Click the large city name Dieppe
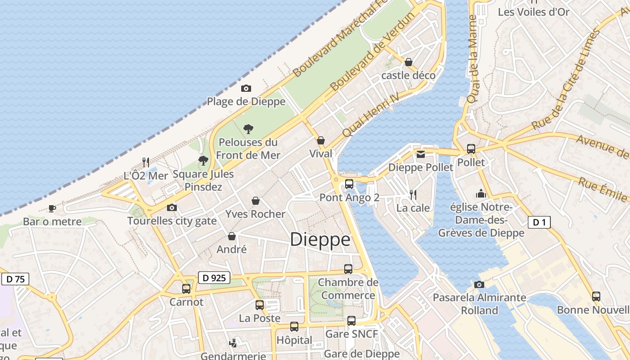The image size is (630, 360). pos(320,239)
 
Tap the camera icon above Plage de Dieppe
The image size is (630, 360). pos(246,88)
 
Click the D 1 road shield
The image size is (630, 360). pos(539,222)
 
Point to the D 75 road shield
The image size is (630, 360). pos(15,279)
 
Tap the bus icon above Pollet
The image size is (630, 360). pos(471,148)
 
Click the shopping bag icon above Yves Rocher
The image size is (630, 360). pos(256,201)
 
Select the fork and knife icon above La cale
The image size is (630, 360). pos(413,194)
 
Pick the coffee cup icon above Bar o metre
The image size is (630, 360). pos(52,208)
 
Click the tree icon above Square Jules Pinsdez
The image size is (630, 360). pos(203,160)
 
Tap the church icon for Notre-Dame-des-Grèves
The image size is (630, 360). pos(481,193)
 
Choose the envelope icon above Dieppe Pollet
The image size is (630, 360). pos(420,154)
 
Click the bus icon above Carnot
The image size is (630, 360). pos(186,288)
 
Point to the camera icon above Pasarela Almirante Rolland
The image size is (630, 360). pos(479,284)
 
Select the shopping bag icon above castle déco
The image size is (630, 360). pos(409,62)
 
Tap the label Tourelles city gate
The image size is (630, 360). pos(172,221)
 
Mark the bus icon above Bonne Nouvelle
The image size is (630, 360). pos(596,296)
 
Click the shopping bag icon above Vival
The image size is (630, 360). pos(321,140)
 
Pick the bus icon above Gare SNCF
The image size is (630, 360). pos(351,320)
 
